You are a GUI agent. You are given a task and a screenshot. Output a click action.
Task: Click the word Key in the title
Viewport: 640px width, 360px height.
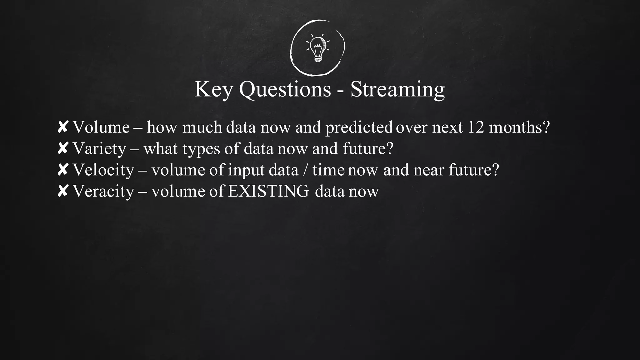click(213, 89)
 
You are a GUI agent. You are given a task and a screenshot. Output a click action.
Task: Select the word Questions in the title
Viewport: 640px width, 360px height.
click(285, 89)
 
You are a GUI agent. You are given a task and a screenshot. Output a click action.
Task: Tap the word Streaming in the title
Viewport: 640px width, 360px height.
click(397, 89)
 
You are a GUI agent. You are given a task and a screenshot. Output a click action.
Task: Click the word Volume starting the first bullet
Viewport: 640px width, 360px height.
click(101, 127)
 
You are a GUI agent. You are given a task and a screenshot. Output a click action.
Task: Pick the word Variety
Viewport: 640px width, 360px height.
click(99, 149)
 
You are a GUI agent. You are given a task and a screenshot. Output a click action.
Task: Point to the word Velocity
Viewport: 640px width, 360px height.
click(103, 170)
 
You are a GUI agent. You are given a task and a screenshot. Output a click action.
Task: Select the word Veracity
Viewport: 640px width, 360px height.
click(103, 191)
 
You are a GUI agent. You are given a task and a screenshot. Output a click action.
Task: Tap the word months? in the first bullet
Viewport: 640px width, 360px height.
click(519, 127)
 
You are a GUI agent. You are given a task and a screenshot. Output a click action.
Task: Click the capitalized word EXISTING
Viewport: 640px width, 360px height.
click(268, 191)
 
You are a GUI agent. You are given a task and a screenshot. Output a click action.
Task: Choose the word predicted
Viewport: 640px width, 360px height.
click(359, 127)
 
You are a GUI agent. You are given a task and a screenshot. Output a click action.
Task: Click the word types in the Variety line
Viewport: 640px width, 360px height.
click(201, 149)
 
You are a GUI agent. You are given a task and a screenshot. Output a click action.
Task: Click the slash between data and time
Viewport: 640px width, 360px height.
click(305, 170)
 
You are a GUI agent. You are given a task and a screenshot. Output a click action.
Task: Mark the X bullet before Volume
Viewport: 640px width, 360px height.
click(63, 127)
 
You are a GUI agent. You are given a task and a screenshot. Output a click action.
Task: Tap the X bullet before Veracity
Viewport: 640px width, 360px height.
click(63, 191)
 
